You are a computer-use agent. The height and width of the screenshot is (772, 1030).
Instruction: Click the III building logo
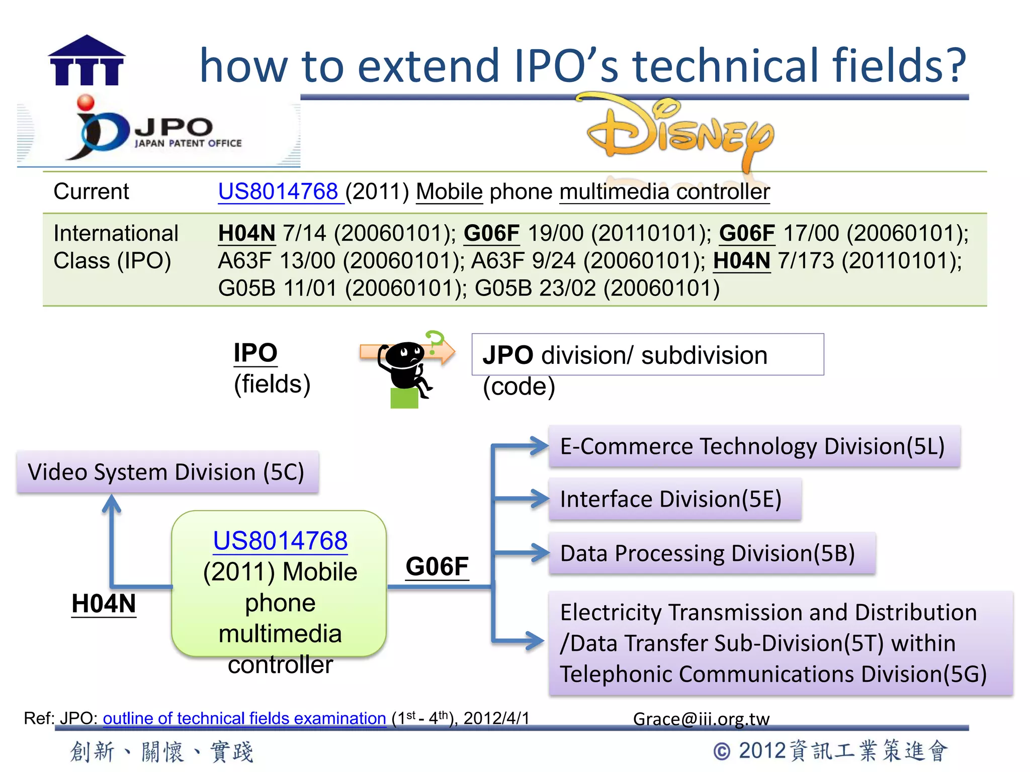[87, 61]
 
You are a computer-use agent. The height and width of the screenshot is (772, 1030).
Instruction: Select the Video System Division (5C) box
[167, 472]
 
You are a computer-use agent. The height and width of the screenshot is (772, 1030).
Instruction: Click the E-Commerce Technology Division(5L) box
[753, 446]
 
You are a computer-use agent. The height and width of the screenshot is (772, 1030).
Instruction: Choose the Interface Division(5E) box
[674, 499]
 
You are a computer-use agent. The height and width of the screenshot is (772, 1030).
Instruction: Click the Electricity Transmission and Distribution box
[780, 643]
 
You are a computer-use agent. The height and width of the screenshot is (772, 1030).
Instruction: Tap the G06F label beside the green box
[437, 566]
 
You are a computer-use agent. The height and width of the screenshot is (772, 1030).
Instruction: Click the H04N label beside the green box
[104, 604]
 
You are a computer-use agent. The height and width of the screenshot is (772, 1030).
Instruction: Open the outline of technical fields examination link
[244, 718]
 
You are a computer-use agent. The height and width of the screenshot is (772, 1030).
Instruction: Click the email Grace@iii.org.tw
[701, 719]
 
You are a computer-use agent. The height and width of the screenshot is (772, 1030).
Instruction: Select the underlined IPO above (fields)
[255, 352]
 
